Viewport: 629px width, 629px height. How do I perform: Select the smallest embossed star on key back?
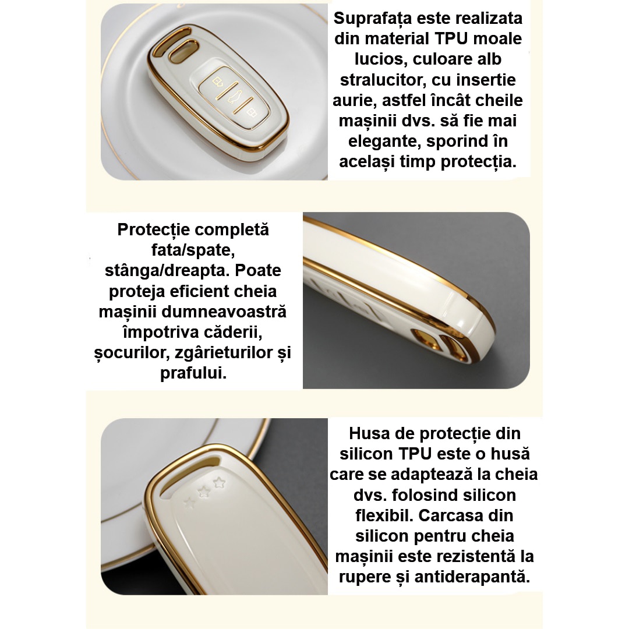tap(188, 501)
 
